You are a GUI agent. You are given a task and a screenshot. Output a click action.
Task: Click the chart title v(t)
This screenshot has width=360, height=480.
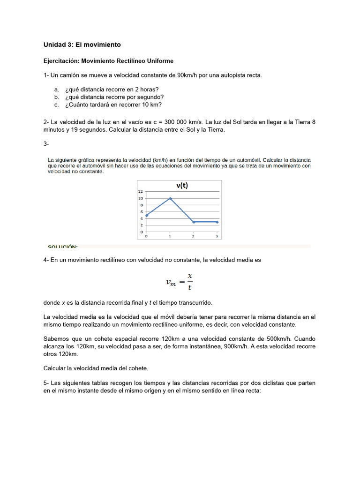click(x=182, y=186)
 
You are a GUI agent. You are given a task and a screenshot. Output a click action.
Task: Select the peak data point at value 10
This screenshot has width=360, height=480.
click(x=170, y=198)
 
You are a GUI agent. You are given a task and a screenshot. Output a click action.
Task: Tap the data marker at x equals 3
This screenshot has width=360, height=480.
click(x=217, y=222)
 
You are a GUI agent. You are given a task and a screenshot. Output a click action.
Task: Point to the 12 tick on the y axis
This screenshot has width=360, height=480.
click(x=140, y=192)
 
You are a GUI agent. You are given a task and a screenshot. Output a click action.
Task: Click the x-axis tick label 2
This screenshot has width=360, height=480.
click(x=193, y=236)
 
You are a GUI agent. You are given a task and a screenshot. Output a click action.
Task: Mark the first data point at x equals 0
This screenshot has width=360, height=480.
click(x=147, y=215)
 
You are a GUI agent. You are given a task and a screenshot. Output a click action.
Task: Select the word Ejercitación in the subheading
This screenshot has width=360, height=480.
click(x=61, y=61)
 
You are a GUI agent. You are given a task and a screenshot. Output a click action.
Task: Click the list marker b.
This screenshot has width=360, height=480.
click(x=56, y=97)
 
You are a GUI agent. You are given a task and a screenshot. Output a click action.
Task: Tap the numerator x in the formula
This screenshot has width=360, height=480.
click(x=189, y=275)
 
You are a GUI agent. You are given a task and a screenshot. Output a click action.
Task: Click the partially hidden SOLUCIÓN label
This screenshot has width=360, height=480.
click(x=63, y=246)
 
